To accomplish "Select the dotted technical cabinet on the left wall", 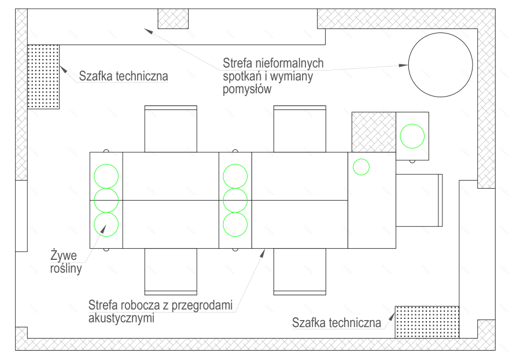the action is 43,76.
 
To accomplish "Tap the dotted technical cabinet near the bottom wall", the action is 427,322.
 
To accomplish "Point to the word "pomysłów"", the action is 247,89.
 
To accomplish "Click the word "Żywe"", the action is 64,255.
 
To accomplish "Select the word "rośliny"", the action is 66,269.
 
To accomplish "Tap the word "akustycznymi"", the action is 121,318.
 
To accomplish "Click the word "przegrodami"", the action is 202,306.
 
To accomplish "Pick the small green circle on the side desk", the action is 361,167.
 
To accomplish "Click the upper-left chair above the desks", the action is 171,128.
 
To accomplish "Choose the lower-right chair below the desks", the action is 300,272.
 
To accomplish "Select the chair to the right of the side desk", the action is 419,200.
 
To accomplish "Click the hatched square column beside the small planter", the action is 374,132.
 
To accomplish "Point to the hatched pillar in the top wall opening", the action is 173,19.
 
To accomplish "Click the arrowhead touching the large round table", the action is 404,65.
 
